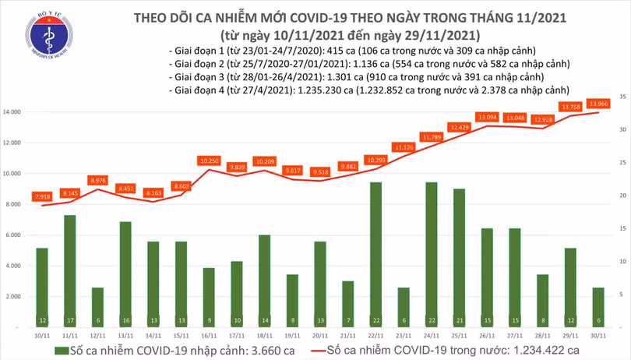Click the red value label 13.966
click(x=598, y=103)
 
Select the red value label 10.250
click(x=209, y=161)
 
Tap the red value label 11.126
click(x=404, y=147)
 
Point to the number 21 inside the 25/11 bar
click(x=459, y=321)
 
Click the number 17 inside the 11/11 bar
click(x=69, y=321)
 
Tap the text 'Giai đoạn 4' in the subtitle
click(x=196, y=90)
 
